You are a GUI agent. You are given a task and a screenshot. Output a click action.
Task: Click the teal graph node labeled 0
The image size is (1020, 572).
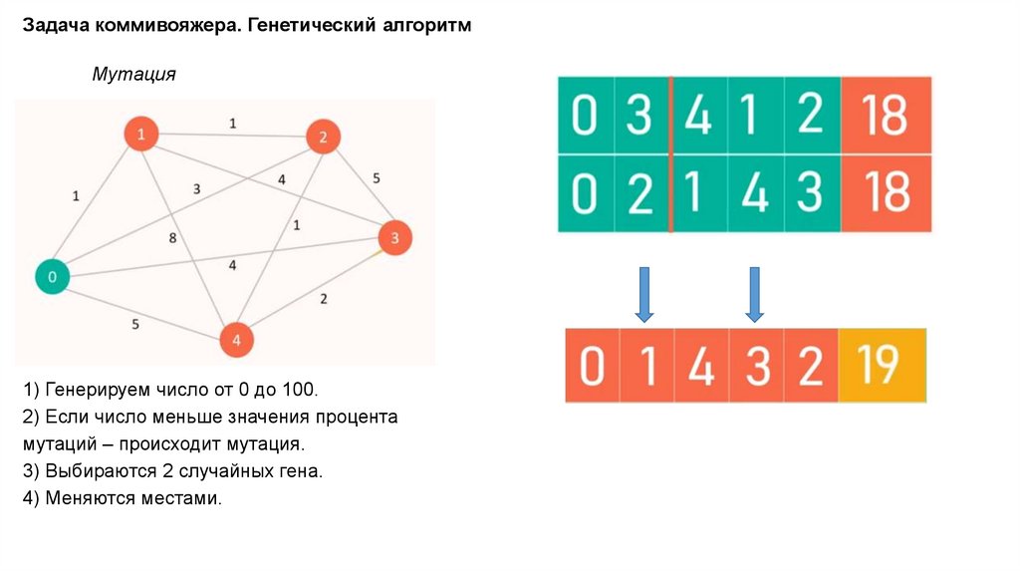click(53, 275)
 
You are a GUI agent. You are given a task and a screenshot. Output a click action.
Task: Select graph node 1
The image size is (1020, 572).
click(141, 134)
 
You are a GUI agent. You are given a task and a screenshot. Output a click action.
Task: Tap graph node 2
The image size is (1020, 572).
click(323, 138)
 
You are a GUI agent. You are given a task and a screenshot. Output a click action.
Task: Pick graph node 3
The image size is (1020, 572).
click(394, 238)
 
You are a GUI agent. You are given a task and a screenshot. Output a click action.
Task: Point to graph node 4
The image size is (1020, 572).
click(236, 340)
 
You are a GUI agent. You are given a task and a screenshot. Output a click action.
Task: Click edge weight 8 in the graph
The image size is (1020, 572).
click(172, 238)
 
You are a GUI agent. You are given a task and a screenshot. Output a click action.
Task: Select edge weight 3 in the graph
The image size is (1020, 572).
click(197, 188)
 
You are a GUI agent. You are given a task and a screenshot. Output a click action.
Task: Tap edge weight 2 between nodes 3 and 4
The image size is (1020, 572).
click(323, 298)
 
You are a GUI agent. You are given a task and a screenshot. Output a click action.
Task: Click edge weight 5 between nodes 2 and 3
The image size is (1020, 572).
click(376, 178)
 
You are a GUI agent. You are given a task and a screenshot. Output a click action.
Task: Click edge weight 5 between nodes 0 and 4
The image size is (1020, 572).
click(134, 323)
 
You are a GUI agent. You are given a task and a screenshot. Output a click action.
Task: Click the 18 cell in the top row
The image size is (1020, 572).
click(886, 116)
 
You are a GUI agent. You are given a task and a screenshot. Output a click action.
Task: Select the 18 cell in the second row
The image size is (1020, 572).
click(886, 193)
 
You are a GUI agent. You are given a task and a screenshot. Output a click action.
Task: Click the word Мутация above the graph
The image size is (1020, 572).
click(133, 75)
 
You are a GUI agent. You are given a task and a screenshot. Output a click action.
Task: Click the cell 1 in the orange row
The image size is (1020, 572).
click(646, 366)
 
